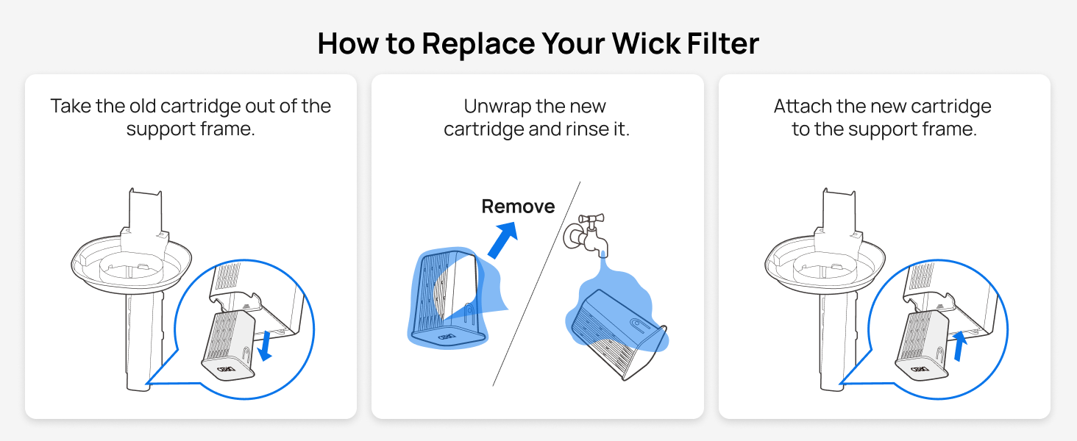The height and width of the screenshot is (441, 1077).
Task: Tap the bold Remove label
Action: point(518,207)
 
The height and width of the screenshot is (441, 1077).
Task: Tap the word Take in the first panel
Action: point(71,107)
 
